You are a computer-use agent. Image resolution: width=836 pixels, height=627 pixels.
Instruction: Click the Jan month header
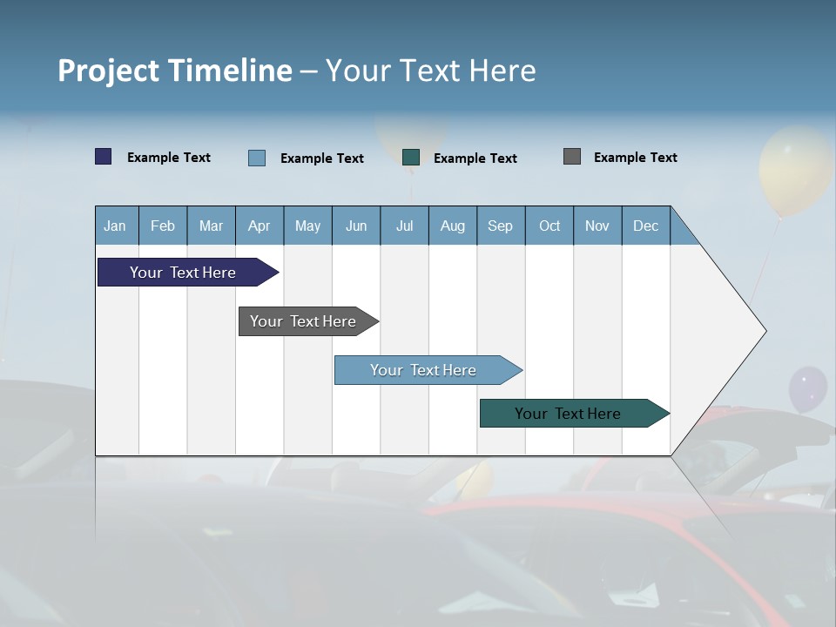click(115, 226)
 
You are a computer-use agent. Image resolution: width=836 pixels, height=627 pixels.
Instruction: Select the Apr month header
click(259, 226)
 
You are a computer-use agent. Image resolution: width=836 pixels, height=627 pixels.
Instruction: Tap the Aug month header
click(452, 226)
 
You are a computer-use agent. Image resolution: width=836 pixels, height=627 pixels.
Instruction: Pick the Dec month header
click(645, 226)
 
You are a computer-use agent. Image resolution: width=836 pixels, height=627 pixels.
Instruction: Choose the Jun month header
click(355, 226)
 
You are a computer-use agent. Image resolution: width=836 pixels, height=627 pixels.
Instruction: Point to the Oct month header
click(549, 226)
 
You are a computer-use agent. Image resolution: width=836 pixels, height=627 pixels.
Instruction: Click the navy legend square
click(104, 157)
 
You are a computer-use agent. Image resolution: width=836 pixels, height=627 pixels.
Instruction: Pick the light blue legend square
click(257, 158)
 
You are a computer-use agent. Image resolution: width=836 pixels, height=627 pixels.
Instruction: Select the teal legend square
click(411, 158)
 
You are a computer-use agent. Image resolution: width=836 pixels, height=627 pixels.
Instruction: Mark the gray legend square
click(572, 157)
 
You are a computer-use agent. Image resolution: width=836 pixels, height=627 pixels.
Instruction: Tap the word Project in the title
click(108, 71)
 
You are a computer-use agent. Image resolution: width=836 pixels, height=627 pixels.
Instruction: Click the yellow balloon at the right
click(795, 170)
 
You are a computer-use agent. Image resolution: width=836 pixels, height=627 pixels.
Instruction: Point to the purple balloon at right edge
click(807, 389)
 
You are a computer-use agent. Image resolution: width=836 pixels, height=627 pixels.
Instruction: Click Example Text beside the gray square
click(635, 158)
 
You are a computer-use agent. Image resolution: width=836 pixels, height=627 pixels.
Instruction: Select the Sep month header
click(500, 226)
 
